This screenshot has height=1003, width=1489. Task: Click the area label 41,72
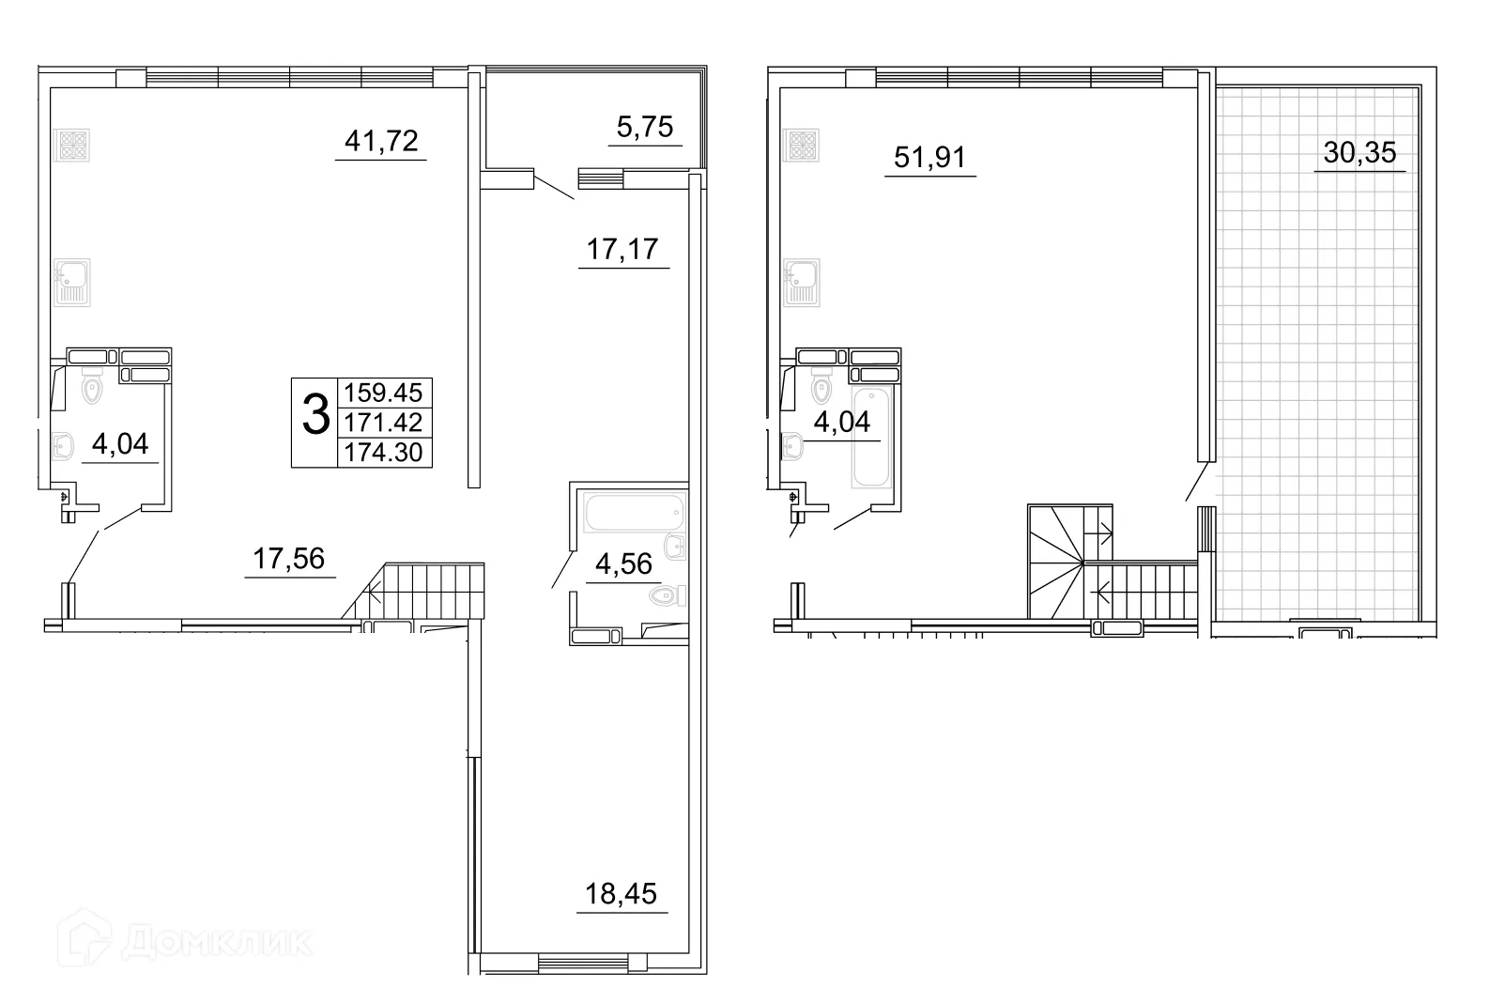(381, 142)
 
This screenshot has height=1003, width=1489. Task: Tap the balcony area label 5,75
(645, 127)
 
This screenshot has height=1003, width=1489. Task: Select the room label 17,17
(622, 250)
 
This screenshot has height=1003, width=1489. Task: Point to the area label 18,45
(621, 893)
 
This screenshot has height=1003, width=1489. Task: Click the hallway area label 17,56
(289, 559)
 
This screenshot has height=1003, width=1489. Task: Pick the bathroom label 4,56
(623, 563)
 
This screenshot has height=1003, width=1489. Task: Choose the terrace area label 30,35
(1359, 152)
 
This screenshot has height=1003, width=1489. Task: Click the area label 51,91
(929, 157)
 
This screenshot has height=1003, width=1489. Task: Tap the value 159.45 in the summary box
(384, 393)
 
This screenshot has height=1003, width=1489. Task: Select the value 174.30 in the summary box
(384, 453)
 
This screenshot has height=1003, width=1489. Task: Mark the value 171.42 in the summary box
(384, 423)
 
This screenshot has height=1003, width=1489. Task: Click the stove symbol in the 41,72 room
(73, 145)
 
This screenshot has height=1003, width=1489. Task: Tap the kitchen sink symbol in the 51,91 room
(803, 282)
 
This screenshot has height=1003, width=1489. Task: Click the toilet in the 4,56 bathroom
(669, 595)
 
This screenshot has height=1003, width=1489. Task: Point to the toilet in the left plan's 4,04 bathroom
(92, 389)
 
